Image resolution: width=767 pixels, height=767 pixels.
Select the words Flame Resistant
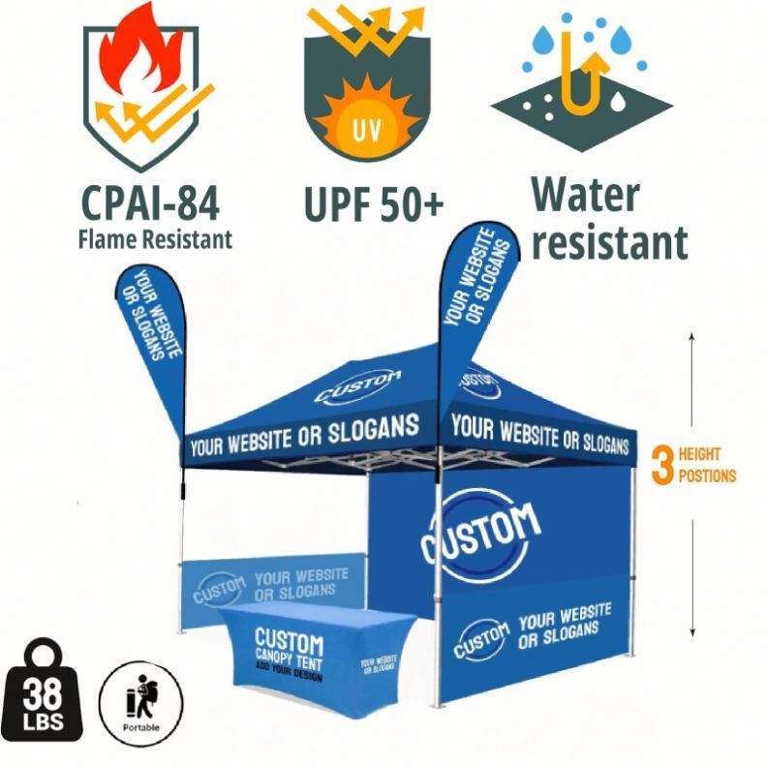(155, 237)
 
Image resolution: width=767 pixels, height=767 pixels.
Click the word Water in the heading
(585, 195)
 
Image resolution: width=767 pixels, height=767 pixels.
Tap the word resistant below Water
(608, 241)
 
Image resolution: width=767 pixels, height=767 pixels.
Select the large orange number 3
(662, 464)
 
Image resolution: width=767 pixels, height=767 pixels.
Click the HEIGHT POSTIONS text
(707, 465)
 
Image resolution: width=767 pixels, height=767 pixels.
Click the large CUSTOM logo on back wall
(480, 537)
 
